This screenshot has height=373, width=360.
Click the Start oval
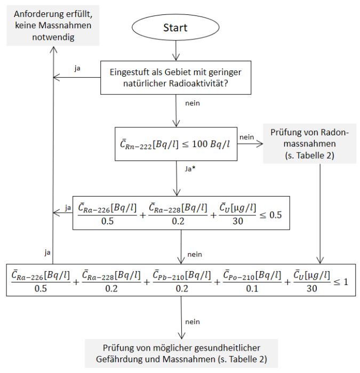175,28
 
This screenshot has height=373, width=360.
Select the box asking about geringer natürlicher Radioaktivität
175,78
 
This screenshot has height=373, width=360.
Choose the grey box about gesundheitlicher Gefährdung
183,353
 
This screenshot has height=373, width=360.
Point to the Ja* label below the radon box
189,168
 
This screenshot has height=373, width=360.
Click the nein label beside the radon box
246,137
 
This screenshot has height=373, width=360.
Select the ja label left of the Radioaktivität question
78,69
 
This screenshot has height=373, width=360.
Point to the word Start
175,28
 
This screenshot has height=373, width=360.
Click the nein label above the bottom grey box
192,322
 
